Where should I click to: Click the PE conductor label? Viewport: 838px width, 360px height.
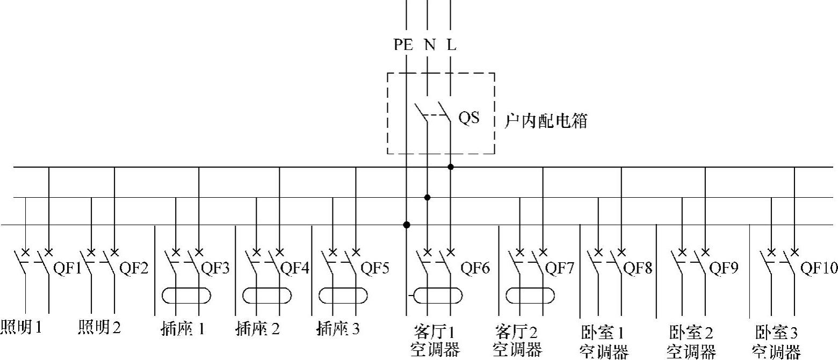403,45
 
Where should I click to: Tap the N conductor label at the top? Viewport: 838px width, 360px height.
430,45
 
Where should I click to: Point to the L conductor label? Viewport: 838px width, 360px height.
452,45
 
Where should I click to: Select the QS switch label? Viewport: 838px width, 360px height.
468,118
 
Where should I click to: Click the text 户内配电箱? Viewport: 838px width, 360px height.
546,121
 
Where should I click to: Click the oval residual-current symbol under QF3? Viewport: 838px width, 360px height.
186,296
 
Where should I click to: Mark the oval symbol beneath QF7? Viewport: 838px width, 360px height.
531,296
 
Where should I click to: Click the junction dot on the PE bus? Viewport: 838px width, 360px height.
407,225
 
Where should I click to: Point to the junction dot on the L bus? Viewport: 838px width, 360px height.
451,167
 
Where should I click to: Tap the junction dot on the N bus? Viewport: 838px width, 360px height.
428,198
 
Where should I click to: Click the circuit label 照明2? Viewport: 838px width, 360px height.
99,327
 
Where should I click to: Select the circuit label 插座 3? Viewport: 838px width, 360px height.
338,328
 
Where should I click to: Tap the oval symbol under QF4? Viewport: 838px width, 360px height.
267,296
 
